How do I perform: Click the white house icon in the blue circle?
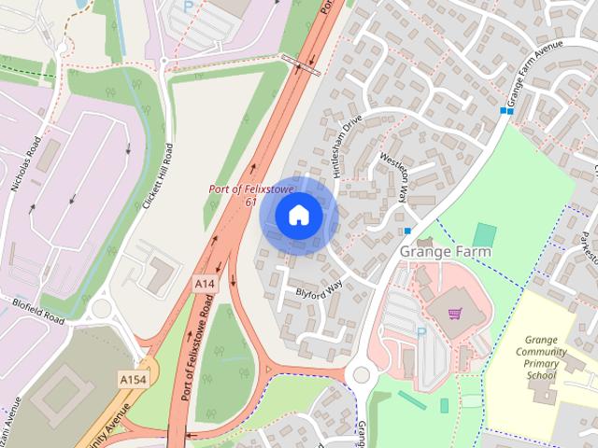coord(297,216)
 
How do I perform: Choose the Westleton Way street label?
coord(392,176)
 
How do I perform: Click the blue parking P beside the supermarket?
coord(420,330)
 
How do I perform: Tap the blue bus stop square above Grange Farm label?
coord(407,231)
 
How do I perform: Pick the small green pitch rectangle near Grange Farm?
coord(484,234)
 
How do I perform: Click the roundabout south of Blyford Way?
coord(361,375)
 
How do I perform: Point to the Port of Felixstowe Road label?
coord(191,354)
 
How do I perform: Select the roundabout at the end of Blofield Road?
coord(102,309)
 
